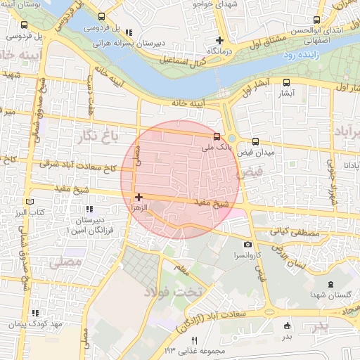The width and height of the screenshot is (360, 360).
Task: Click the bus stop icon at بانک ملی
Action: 217,136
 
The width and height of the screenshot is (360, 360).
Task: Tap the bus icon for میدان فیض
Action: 255,141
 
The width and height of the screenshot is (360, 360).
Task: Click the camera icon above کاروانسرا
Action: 247,244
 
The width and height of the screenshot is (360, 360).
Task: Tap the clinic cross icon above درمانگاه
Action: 221,40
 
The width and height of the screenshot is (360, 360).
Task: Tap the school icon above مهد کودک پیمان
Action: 35,313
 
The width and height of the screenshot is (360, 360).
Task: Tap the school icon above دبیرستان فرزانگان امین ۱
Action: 89,210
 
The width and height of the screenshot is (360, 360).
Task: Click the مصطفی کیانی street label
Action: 295,233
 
